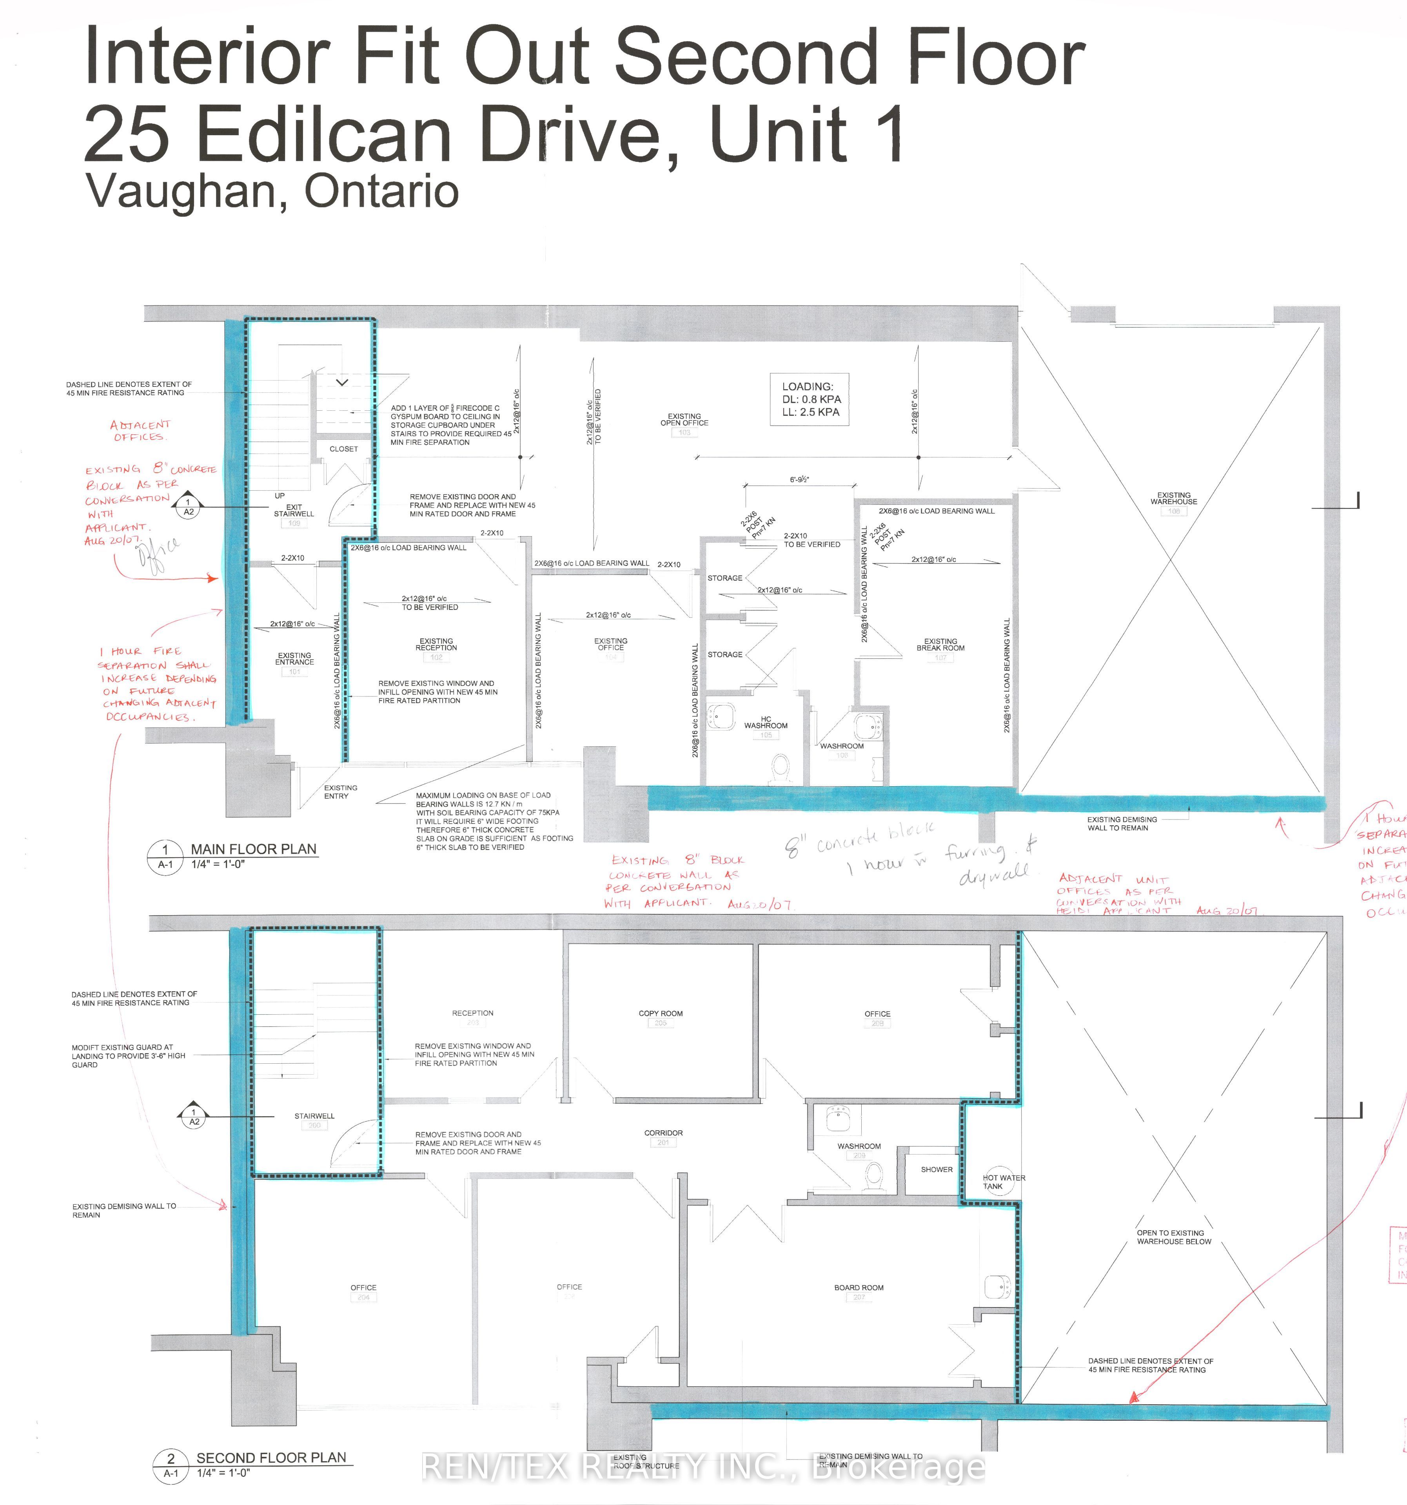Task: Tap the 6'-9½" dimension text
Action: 800,479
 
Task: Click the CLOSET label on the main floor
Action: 343,449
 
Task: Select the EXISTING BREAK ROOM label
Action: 940,644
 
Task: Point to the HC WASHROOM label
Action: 766,722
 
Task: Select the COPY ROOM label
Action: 660,1013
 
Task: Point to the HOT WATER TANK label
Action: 1003,1182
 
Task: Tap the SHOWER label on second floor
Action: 937,1169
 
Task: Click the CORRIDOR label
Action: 663,1133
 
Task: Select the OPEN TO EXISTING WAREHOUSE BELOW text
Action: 1174,1237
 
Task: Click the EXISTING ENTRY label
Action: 340,791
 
